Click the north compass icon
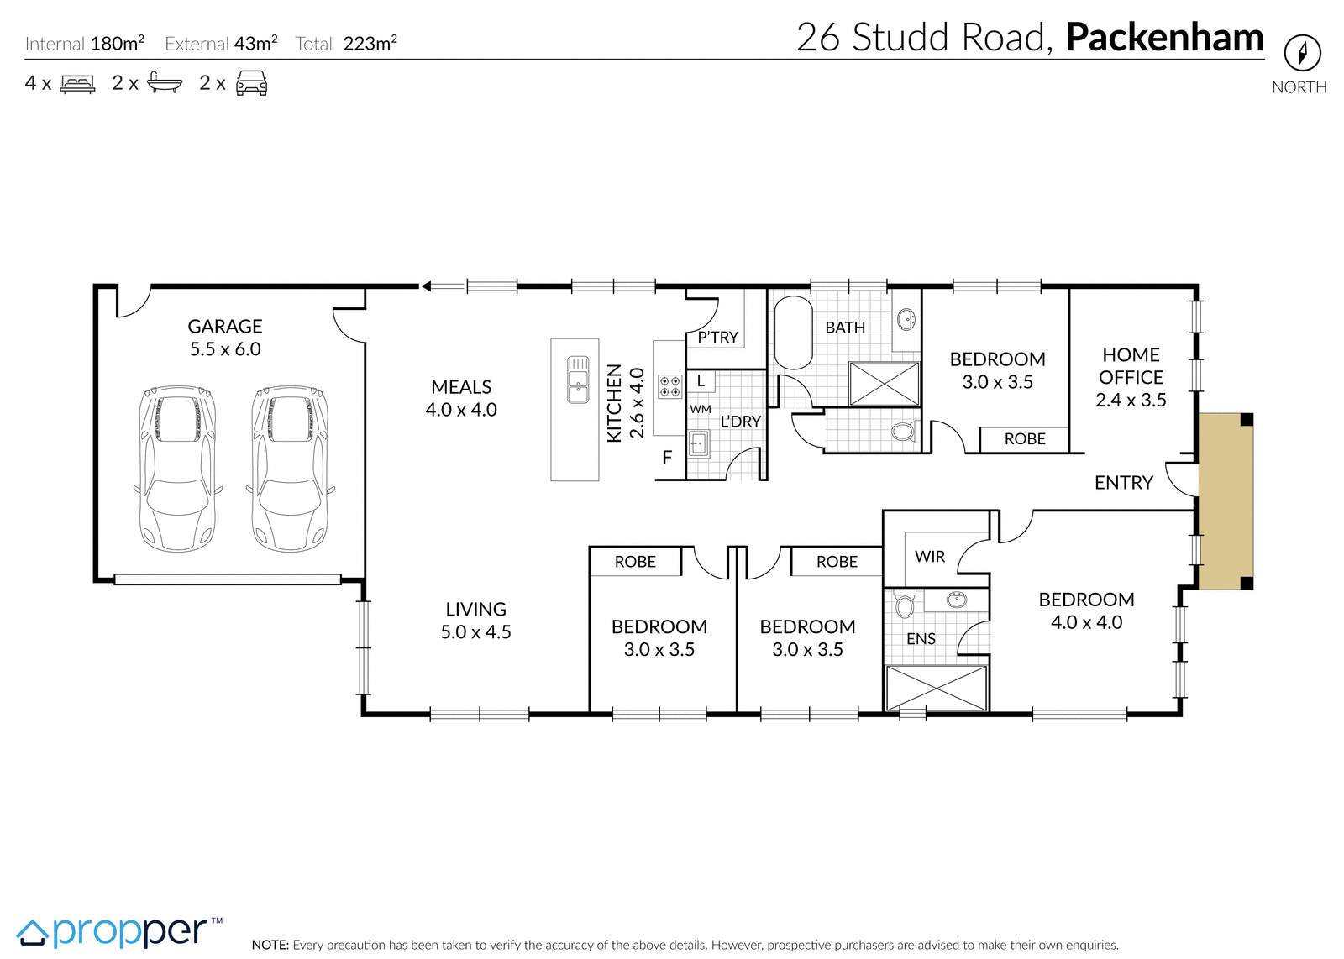[x=1303, y=53]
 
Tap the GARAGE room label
[x=225, y=327]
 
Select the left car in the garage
[x=177, y=469]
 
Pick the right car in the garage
[x=291, y=469]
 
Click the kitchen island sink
[x=578, y=379]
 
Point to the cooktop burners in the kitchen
[x=669, y=387]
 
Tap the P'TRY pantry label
[x=717, y=337]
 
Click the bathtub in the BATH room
[x=793, y=333]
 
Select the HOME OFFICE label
[x=1131, y=366]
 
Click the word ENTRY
[x=1124, y=483]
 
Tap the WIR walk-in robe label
[x=930, y=557]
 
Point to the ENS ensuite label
[x=921, y=639]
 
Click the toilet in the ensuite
[x=904, y=605]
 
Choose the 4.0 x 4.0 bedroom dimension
[x=1087, y=622]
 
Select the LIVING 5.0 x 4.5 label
[x=475, y=620]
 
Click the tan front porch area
[x=1226, y=500]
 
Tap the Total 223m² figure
[x=346, y=43]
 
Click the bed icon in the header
[x=77, y=83]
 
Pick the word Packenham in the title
[x=1164, y=37]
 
